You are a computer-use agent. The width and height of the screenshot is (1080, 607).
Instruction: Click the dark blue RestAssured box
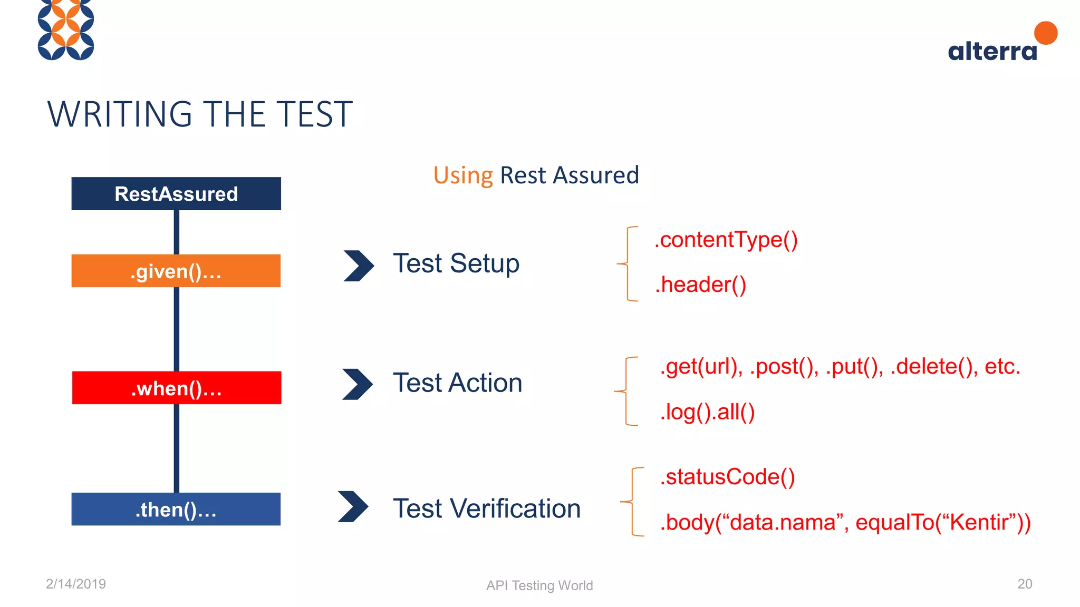[176, 193]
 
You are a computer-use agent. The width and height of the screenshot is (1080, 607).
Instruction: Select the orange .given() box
[176, 271]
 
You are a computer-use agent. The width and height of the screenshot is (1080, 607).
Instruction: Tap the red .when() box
[177, 388]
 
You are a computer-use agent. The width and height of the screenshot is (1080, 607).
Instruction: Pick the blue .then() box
[176, 509]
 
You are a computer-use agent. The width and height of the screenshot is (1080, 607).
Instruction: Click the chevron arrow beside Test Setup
[359, 266]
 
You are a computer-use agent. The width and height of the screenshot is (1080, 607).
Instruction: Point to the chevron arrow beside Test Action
[358, 384]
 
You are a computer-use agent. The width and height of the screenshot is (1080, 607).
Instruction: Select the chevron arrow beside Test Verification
[353, 506]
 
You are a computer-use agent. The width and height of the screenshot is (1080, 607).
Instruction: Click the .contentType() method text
[726, 240]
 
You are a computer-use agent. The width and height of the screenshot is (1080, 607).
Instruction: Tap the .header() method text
[700, 285]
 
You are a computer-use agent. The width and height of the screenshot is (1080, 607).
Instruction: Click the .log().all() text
[707, 412]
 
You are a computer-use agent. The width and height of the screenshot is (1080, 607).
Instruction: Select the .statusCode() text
[727, 477]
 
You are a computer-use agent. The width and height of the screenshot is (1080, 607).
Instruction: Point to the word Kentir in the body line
[979, 522]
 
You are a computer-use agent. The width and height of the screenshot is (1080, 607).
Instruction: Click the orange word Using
[463, 175]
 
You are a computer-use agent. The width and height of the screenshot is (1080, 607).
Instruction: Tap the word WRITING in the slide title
[120, 114]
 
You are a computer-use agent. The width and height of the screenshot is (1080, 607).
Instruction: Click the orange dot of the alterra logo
[1046, 33]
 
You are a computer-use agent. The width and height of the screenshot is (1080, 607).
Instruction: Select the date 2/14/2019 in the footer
[76, 584]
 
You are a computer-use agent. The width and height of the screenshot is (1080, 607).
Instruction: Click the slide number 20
[1025, 584]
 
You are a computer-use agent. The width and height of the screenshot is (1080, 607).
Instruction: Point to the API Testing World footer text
[539, 585]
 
